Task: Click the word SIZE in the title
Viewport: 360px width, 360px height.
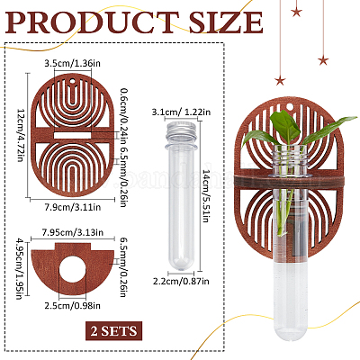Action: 226,22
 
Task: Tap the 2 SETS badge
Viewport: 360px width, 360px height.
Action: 113,330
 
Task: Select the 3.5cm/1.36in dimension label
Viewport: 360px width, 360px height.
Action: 72,64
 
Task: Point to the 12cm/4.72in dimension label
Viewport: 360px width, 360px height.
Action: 20,135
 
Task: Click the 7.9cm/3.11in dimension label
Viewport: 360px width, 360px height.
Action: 72,207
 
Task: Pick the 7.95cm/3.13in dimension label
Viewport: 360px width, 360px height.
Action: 72,232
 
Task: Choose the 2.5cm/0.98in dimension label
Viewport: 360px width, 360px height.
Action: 72,306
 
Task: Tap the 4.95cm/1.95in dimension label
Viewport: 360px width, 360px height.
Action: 20,268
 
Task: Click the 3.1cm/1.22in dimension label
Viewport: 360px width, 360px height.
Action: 181,112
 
